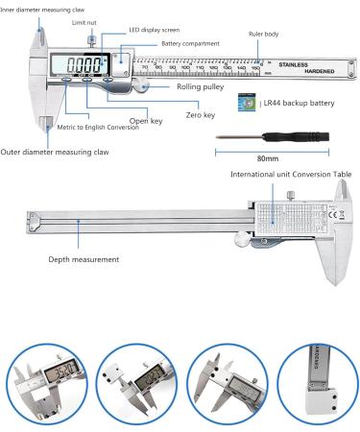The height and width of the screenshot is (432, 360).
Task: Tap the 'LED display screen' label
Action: [154, 30]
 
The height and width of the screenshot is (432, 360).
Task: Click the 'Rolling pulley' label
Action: [203, 86]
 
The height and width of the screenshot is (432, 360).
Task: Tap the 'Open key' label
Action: [144, 122]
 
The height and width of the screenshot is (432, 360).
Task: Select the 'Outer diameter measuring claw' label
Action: [56, 152]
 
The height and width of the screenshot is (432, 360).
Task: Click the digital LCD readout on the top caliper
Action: [85, 66]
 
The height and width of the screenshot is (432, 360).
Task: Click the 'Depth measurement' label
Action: [84, 259]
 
